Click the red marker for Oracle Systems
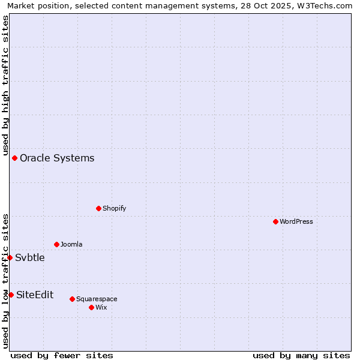tap(14, 158)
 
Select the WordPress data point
tap(275, 221)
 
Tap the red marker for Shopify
tap(98, 208)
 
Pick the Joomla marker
tap(56, 244)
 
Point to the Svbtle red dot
tap(10, 257)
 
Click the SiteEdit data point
tap(11, 295)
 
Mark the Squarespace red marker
tap(72, 299)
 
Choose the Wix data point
tap(91, 307)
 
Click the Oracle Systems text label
tap(57, 158)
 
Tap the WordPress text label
tap(296, 221)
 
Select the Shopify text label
tap(114, 208)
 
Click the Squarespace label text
tap(97, 299)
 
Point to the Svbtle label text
tap(30, 257)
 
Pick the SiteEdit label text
tap(35, 295)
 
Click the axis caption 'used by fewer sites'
tap(62, 355)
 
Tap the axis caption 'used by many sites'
tap(301, 355)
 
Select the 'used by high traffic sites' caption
tap(5, 85)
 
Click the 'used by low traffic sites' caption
tap(5, 281)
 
